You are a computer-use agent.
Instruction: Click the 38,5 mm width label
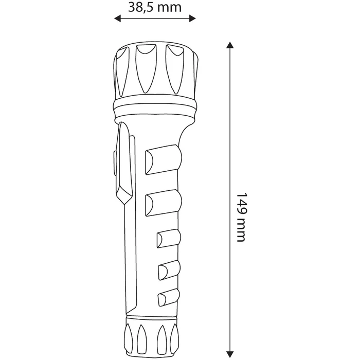pyautogui.click(x=154, y=7)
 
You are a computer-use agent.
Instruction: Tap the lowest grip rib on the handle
pyautogui.click(x=170, y=297)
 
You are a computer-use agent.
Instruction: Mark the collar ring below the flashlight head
pyautogui.click(x=155, y=109)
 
